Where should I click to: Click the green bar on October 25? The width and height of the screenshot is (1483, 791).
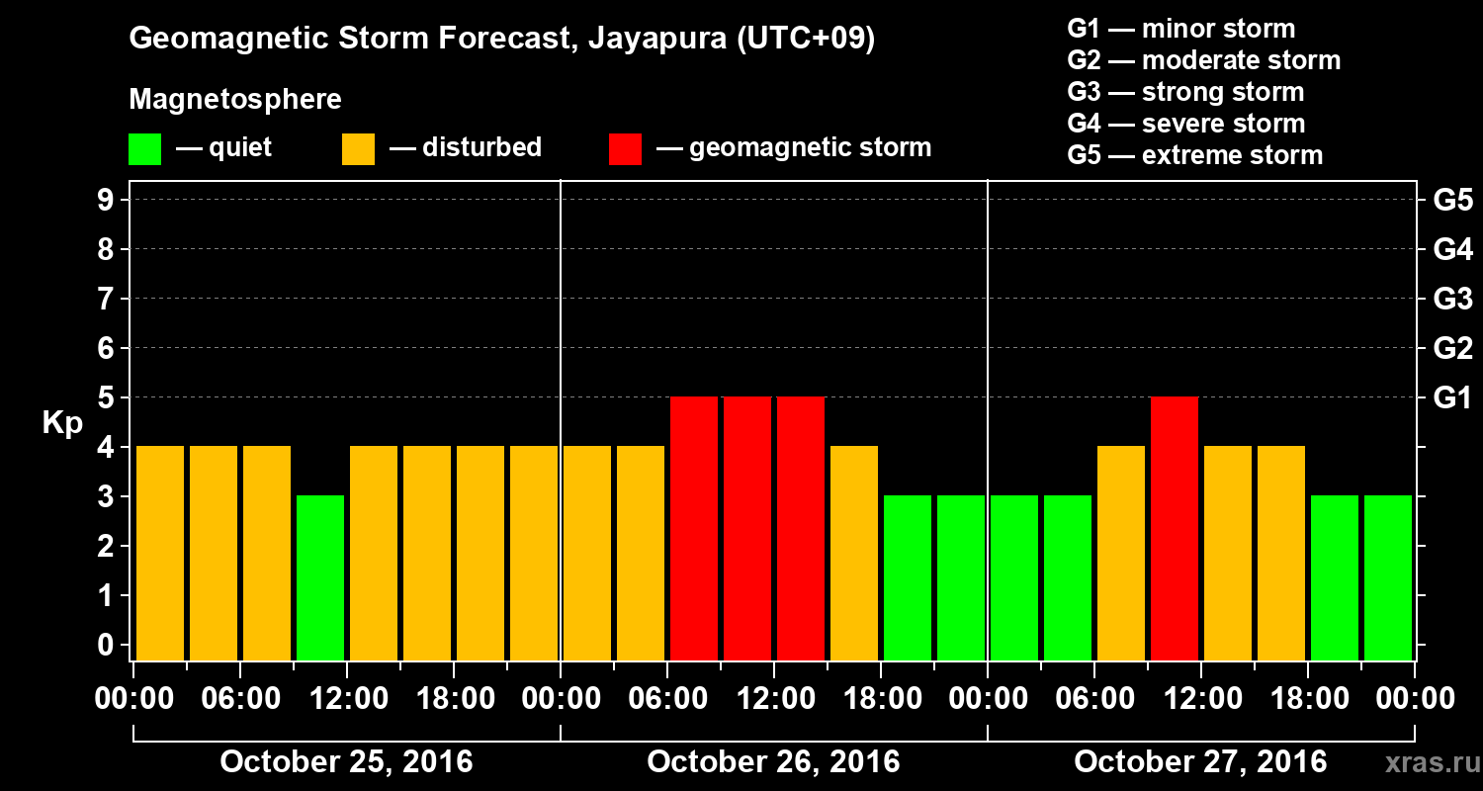tap(320, 577)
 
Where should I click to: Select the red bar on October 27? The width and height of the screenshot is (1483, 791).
tap(1175, 528)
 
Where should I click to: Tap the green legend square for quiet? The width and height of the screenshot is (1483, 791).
tap(144, 149)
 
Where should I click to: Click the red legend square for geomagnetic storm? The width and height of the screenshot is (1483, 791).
tap(625, 149)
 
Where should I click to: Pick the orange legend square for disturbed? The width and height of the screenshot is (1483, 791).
tap(358, 149)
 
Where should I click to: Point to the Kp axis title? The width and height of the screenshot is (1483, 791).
tap(62, 422)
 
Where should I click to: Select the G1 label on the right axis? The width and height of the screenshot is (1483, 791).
tap(1452, 397)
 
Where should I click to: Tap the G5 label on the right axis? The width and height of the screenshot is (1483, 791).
tap(1452, 200)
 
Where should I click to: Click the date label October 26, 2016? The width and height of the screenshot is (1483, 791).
tap(773, 762)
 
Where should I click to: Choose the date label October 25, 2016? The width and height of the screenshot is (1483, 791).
tap(346, 762)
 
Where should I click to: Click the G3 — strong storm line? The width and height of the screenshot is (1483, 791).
tap(1185, 92)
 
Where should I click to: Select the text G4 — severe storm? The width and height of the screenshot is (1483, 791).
tap(1185, 124)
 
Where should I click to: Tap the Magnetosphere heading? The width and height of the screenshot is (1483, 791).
tap(235, 100)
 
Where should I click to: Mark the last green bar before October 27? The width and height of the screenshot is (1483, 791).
tap(961, 577)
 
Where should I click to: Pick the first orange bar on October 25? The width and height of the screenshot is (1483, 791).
tap(160, 553)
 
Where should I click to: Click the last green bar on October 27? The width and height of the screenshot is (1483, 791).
tap(1388, 577)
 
